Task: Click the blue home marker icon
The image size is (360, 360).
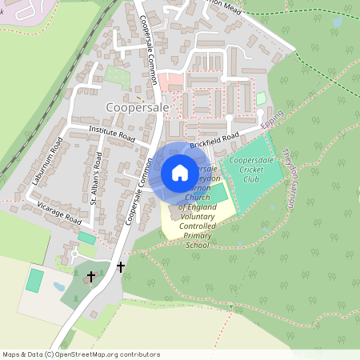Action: tap(180, 172)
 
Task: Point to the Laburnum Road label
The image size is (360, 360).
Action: tap(47, 162)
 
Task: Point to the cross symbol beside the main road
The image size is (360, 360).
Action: tap(121, 266)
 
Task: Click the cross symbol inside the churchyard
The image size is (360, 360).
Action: tap(90, 276)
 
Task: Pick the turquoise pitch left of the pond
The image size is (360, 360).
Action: tap(34, 280)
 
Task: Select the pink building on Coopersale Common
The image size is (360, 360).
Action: tap(168, 82)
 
